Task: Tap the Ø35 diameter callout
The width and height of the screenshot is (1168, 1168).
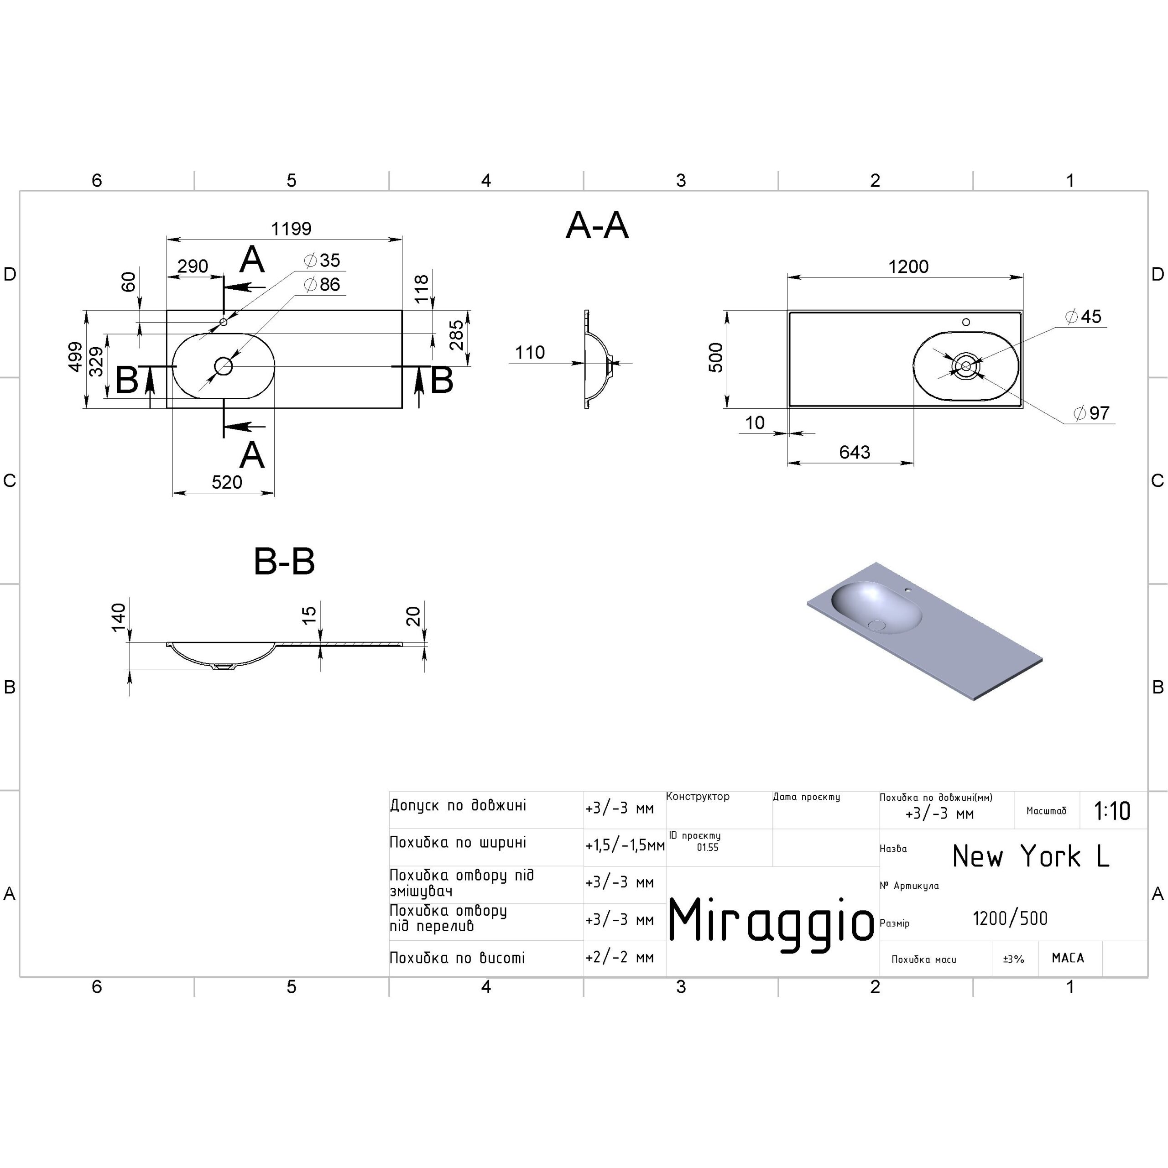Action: click(322, 260)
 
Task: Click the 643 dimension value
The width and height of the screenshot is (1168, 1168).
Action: click(854, 452)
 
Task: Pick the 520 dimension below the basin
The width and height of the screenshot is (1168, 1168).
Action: click(227, 482)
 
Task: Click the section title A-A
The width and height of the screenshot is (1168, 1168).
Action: click(597, 226)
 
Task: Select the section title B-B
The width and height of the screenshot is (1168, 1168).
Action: click(284, 561)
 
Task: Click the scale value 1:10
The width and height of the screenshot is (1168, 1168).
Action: click(1112, 811)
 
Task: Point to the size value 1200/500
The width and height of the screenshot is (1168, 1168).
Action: click(1010, 918)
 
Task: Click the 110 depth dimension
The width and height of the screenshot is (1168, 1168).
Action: click(530, 353)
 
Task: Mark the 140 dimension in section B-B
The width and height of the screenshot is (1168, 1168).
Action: click(119, 617)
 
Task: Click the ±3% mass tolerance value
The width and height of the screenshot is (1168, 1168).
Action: click(1014, 959)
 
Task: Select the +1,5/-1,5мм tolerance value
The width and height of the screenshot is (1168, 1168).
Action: click(625, 845)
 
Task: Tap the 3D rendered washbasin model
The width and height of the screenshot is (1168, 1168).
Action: click(925, 631)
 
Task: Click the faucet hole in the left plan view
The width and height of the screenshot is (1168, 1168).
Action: click(223, 322)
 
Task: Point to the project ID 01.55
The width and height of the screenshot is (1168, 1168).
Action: click(707, 848)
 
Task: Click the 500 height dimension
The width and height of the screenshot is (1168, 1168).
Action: click(716, 357)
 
